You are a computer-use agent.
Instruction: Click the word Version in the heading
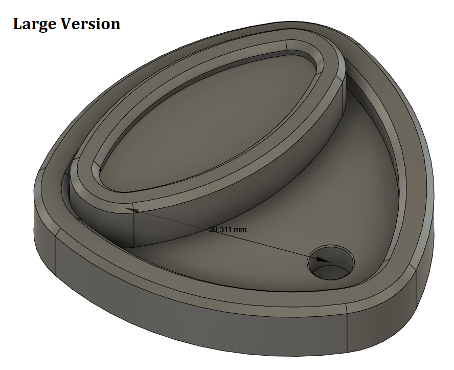tap(90, 24)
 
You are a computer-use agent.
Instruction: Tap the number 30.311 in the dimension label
tap(220, 229)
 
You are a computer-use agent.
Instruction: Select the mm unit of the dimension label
tap(240, 230)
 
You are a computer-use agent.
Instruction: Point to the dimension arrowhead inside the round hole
tap(323, 259)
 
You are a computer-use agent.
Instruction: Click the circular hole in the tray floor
tap(331, 263)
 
